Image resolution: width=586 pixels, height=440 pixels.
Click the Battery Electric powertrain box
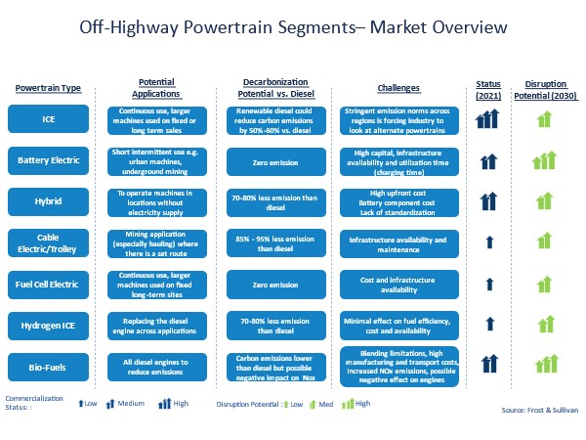48,160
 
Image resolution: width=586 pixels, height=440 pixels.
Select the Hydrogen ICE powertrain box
48,326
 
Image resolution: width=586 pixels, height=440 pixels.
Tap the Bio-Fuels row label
48,367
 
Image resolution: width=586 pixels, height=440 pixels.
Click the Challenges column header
398,88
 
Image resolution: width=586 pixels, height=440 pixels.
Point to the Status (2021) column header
488,90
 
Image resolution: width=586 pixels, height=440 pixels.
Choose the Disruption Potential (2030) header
546,90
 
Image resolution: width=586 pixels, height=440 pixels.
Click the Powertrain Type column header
48,88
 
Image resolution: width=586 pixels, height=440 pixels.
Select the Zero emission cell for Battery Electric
276,162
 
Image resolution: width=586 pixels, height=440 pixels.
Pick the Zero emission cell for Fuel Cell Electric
276,285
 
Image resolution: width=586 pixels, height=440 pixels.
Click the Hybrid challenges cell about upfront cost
399,202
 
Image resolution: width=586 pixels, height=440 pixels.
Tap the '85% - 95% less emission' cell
276,243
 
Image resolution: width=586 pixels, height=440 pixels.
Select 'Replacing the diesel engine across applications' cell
157,326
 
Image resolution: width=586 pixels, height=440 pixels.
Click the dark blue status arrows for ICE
487,118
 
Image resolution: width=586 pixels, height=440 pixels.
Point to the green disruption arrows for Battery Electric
545,160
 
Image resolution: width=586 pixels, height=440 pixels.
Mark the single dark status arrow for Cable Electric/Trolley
489,242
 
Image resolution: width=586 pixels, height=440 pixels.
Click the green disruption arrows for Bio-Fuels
546,364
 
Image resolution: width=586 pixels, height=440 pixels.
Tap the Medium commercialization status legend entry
125,403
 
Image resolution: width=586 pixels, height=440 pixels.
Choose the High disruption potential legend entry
356,403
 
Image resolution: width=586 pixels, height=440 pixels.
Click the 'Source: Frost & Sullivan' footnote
540,410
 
